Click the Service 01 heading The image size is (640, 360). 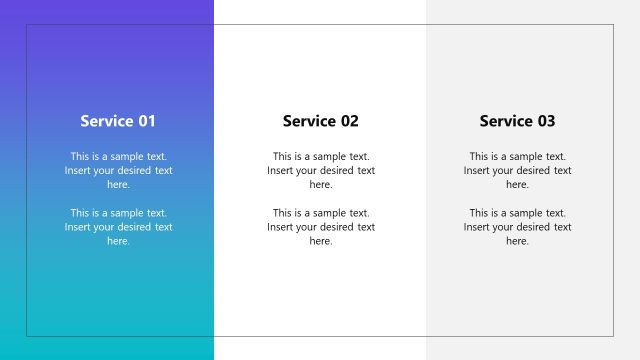click(x=118, y=121)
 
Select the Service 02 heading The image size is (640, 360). click(x=320, y=121)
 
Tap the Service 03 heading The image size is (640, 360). click(x=517, y=121)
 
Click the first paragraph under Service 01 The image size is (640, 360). click(x=118, y=170)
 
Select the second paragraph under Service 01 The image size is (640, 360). click(x=118, y=227)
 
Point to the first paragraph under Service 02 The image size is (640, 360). click(x=320, y=170)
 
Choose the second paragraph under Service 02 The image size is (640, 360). click(x=320, y=227)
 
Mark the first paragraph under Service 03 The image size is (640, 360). click(x=517, y=170)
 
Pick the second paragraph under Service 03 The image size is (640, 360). click(x=517, y=227)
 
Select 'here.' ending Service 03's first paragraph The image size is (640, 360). click(x=517, y=184)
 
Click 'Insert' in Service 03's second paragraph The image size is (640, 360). click(x=477, y=227)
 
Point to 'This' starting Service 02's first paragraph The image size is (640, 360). click(x=283, y=156)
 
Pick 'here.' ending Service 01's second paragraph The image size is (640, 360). click(x=118, y=241)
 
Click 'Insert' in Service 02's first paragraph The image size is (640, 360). click(x=280, y=170)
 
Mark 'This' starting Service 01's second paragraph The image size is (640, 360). click(x=81, y=213)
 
